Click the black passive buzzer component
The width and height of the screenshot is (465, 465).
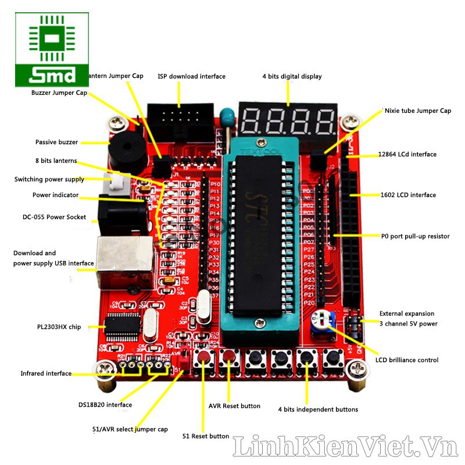(x=125, y=149)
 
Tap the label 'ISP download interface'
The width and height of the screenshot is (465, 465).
(x=191, y=77)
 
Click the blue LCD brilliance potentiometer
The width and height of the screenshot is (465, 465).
(x=320, y=320)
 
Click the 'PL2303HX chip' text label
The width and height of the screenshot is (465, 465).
(x=59, y=327)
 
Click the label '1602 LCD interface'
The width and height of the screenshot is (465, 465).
(x=407, y=195)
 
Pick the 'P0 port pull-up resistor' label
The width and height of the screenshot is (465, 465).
(x=415, y=237)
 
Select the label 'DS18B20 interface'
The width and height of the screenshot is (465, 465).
(x=105, y=405)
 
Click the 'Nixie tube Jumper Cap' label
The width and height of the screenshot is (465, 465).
(x=417, y=110)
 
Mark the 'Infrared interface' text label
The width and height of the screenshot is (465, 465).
(x=46, y=374)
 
